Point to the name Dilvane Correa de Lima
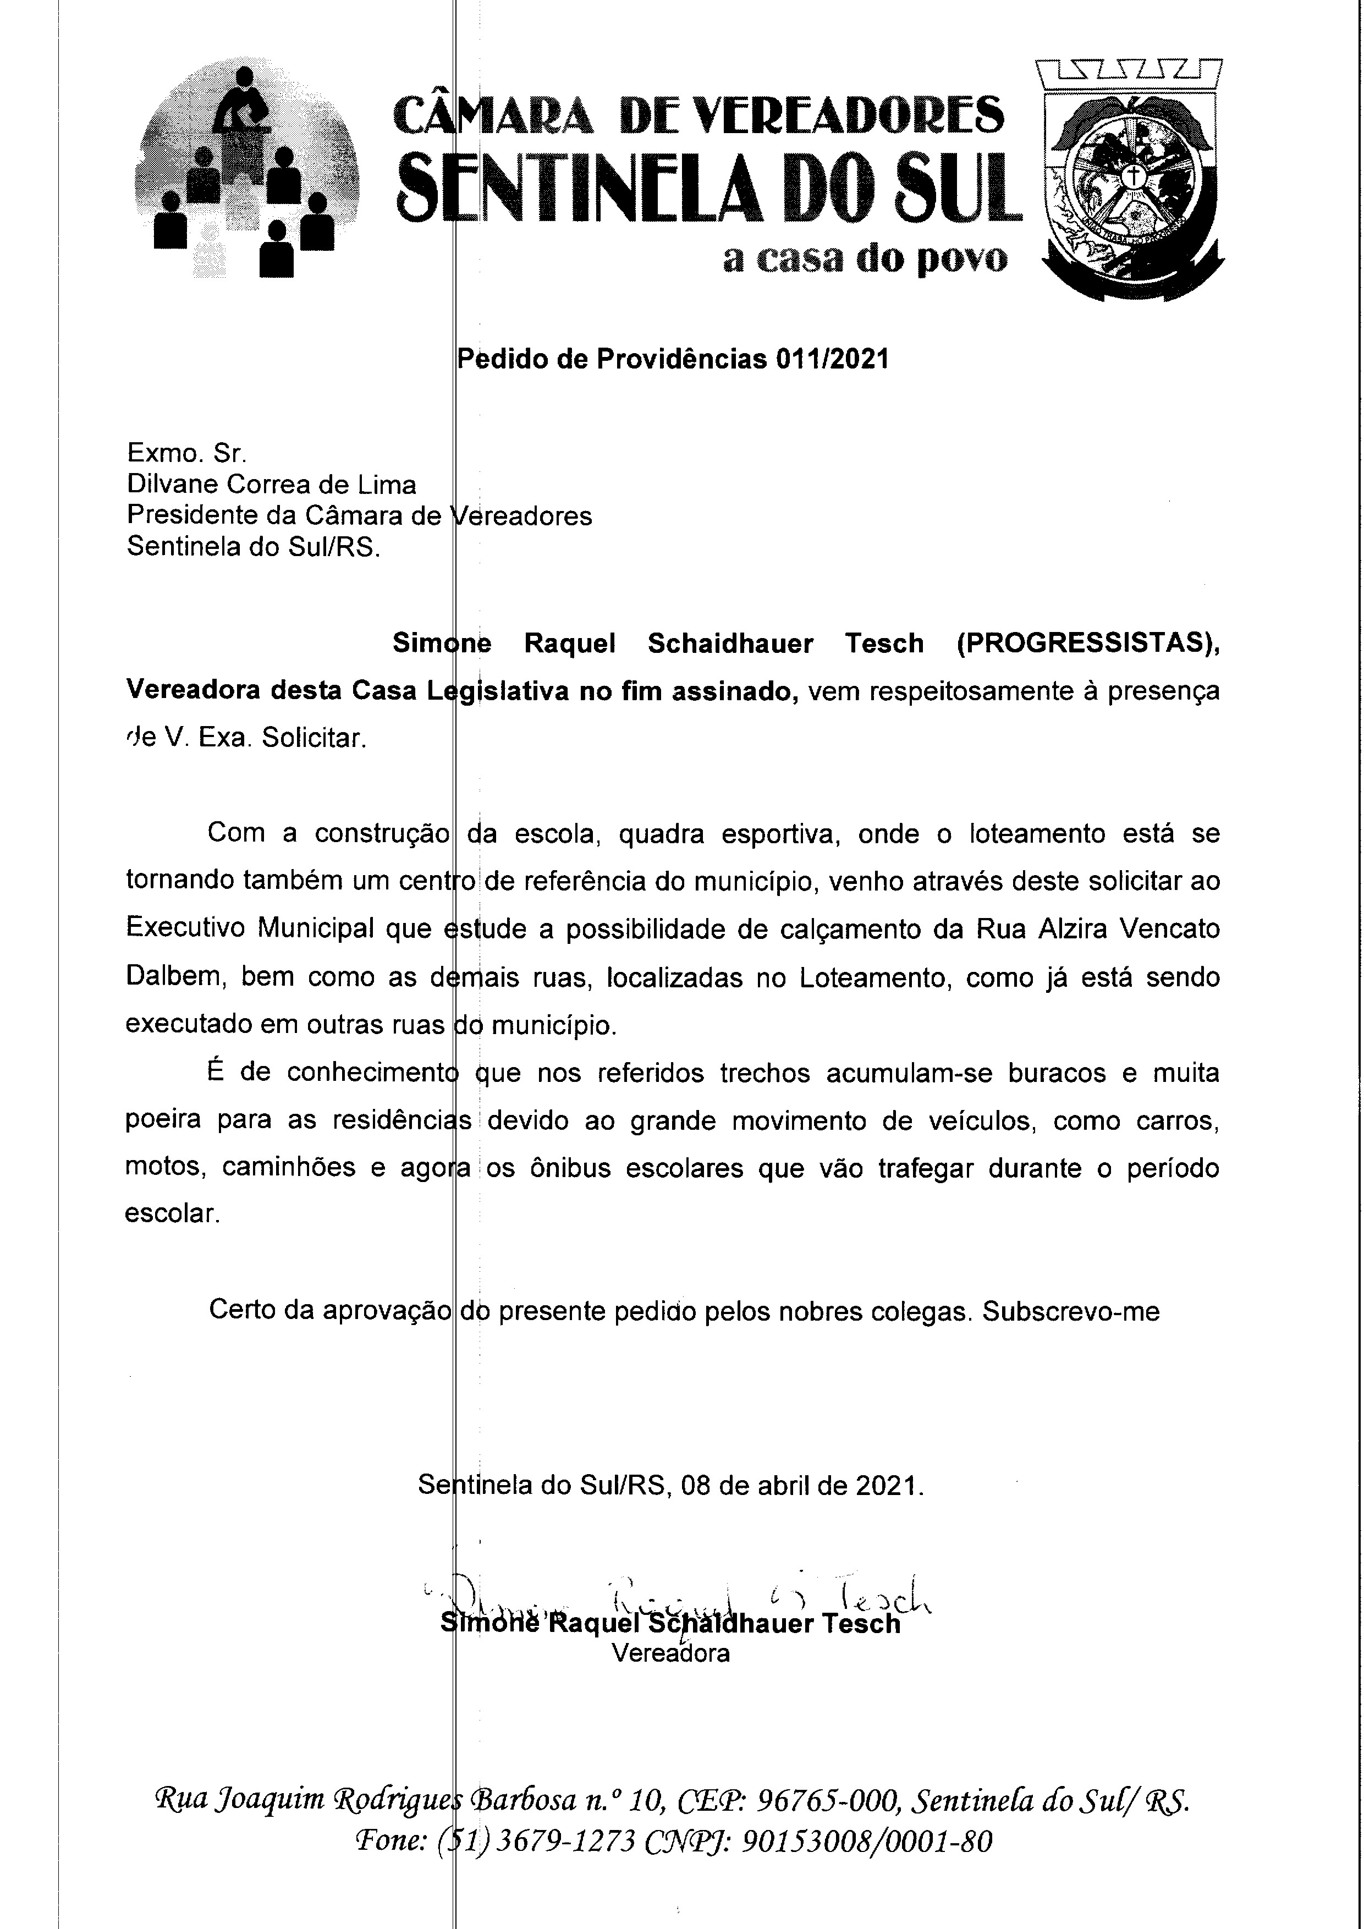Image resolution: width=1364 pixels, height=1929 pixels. [x=271, y=485]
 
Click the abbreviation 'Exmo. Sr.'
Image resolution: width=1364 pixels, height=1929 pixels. [x=186, y=454]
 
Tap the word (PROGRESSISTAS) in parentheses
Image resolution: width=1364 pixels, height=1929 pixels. [x=1087, y=644]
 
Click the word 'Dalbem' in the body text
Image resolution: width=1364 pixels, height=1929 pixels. [x=175, y=977]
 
